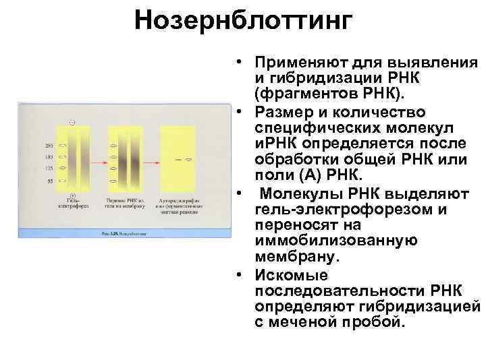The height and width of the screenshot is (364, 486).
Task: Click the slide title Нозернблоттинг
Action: [x=243, y=21]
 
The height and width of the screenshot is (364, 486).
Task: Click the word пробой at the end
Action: [x=373, y=322]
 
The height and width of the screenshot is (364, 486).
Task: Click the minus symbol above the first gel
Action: [x=72, y=123]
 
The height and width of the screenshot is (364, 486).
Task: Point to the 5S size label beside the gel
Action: [x=49, y=181]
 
